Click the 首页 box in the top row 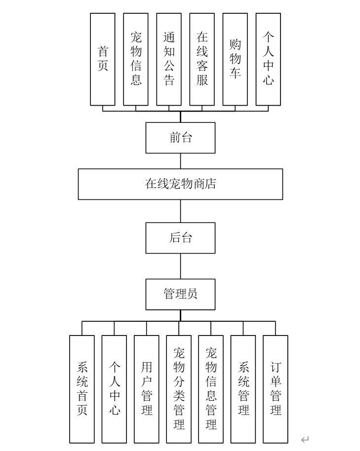[103, 59]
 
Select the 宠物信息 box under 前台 [136, 59]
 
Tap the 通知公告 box [169, 59]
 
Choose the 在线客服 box [202, 59]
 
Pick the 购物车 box [235, 59]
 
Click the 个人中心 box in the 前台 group [268, 59]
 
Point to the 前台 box [180, 138]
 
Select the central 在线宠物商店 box [180, 184]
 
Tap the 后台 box [180, 238]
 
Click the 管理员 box [180, 294]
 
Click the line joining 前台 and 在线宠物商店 [180, 161]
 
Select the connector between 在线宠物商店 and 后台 [180, 211]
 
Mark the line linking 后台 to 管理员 [180, 266]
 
